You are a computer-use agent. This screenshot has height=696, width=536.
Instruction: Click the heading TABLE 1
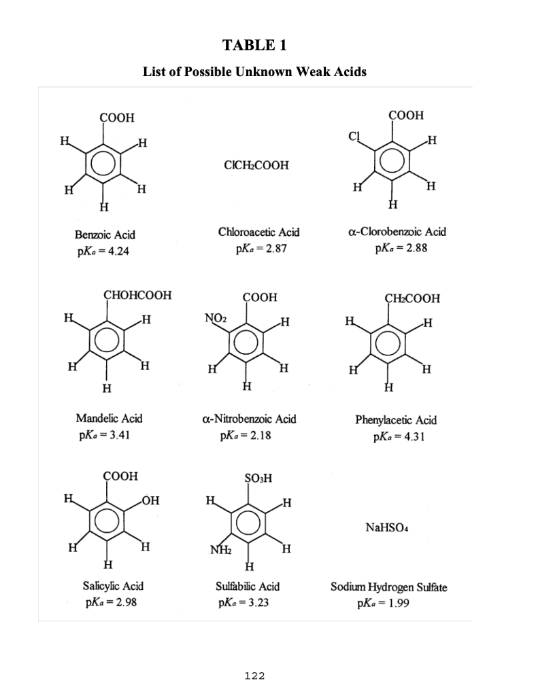point(254,46)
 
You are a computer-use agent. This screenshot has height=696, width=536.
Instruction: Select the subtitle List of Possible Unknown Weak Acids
point(254,72)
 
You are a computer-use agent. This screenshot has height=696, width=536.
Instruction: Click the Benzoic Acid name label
point(104,234)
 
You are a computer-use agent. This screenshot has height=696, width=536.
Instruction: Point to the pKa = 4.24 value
point(103,250)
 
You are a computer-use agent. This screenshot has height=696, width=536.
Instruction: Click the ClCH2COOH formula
point(255,165)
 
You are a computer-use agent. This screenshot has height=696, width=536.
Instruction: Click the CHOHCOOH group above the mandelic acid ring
point(137,296)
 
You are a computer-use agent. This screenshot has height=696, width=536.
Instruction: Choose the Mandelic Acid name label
point(109,419)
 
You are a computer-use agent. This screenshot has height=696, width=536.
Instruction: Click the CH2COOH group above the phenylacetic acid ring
point(412,298)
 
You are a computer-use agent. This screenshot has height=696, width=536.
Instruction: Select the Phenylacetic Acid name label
point(396,420)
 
